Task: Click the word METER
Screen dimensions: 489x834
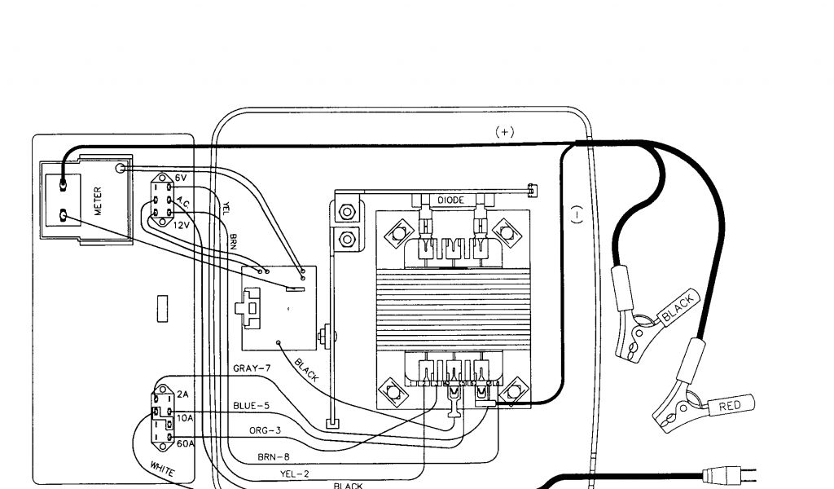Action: point(97,200)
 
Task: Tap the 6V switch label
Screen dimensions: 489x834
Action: point(180,178)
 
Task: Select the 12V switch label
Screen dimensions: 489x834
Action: point(181,224)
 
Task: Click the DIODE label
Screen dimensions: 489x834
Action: point(451,200)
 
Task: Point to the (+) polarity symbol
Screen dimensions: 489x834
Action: point(505,130)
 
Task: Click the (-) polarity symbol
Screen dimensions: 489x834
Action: point(577,214)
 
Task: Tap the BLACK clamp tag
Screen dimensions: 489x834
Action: point(678,309)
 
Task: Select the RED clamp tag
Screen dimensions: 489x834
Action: point(730,405)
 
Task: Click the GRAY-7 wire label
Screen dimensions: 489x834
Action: point(252,368)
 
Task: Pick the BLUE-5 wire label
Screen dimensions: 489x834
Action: point(252,405)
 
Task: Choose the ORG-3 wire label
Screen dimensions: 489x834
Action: point(266,430)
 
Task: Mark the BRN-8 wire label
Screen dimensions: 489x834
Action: point(273,457)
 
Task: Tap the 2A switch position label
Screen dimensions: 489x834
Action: point(182,394)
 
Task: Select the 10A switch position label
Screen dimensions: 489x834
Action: point(184,418)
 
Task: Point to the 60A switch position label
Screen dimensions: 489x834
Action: point(184,443)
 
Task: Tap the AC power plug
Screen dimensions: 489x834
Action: point(725,473)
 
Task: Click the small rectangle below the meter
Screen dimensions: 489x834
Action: point(161,308)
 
